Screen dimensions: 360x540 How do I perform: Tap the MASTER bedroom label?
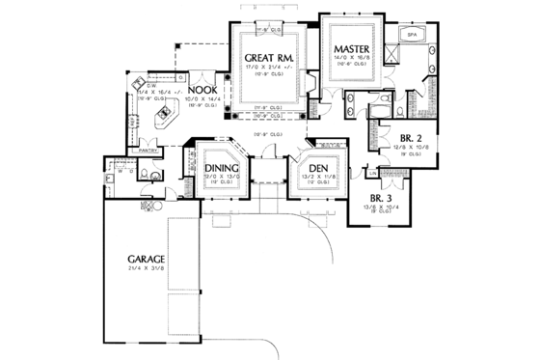tap(348, 49)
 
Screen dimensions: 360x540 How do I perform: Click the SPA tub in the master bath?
tap(411, 35)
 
